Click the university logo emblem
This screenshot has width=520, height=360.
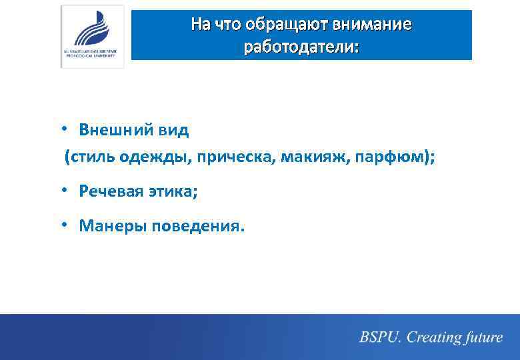click(92, 30)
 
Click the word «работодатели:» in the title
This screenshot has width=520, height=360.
click(301, 47)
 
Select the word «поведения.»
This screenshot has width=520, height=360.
click(199, 226)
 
